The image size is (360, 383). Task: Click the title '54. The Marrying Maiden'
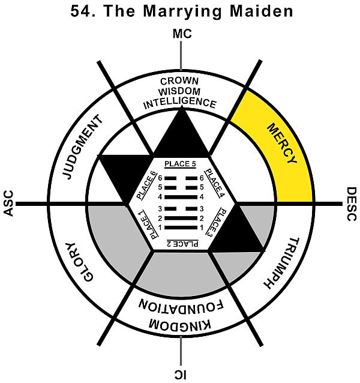pos(181,10)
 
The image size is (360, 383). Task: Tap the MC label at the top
pos(181,35)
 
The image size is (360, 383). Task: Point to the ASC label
pos(8,204)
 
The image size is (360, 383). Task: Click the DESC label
pos(352,204)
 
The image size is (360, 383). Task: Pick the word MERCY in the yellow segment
pos(280,145)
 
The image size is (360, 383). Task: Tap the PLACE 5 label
pos(181,163)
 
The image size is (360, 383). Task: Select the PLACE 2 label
pos(181,243)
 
